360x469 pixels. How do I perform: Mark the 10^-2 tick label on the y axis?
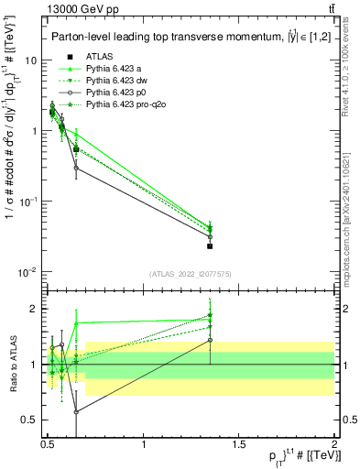tap(27, 271)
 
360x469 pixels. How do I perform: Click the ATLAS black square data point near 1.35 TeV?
tap(211, 245)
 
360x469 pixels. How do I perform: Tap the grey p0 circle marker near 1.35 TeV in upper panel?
tap(211, 236)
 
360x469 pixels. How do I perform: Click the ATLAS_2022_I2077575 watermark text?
tap(189, 274)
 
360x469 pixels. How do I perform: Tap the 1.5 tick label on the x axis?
tap(239, 442)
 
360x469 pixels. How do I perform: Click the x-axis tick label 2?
tap(333, 442)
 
